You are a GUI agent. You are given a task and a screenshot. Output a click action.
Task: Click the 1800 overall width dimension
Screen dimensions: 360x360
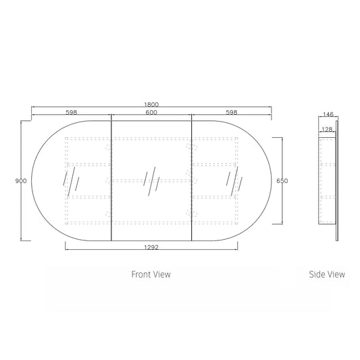pos(151,105)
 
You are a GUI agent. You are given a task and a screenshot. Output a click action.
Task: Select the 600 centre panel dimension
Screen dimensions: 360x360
pos(151,113)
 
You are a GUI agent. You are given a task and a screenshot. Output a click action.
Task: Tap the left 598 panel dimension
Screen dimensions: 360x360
pos(72,113)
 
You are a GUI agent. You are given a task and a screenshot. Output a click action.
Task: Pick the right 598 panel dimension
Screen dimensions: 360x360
pos(232,113)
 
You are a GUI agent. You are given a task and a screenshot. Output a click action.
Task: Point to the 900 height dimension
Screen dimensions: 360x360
pos(21,181)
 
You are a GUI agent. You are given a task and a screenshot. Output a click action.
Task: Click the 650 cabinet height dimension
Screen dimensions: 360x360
pos(282,181)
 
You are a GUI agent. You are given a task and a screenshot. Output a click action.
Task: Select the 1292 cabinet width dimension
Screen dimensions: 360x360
pos(151,247)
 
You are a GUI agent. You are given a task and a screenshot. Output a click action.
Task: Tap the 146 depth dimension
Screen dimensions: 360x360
pos(328,114)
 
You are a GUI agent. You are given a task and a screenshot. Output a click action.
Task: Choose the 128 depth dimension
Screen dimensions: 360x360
pos(327,130)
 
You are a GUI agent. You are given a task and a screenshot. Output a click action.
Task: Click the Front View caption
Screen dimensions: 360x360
pos(151,274)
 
